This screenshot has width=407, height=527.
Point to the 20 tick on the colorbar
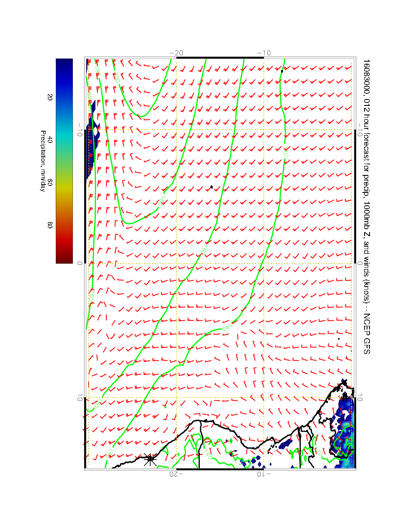coord(50,97)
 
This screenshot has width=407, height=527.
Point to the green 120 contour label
coord(320,452)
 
